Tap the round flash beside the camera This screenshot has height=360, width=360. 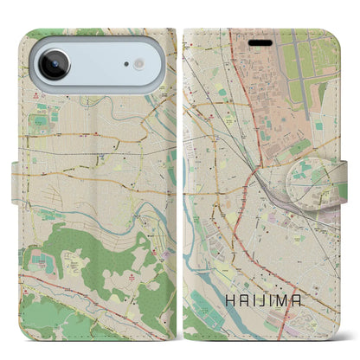pos(137,65)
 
